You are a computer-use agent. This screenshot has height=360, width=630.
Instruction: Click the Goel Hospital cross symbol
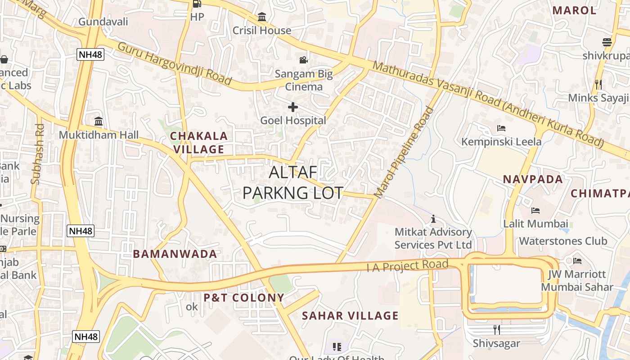click(x=293, y=107)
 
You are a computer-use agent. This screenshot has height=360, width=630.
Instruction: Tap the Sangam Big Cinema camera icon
click(x=304, y=60)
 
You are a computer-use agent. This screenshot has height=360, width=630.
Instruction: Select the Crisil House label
click(x=262, y=30)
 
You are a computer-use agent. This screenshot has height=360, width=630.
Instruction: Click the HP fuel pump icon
click(x=197, y=4)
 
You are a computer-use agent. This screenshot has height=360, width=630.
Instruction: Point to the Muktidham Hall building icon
click(x=99, y=121)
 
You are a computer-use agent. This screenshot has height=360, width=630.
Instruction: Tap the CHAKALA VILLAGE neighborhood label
click(x=199, y=143)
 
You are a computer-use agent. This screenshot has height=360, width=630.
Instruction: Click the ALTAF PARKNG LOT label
click(x=293, y=182)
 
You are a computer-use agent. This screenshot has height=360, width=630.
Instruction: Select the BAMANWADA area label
click(x=175, y=254)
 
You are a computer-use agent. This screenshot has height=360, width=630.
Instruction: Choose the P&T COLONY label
click(x=244, y=297)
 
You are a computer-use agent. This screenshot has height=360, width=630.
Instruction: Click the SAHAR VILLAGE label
click(x=350, y=315)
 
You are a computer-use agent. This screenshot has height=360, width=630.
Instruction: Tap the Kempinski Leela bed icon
click(x=501, y=128)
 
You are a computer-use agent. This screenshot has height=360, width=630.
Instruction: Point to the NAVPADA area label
click(x=533, y=179)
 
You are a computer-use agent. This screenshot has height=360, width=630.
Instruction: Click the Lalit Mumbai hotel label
click(x=535, y=224)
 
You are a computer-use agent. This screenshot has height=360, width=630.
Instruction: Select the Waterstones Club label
click(x=569, y=241)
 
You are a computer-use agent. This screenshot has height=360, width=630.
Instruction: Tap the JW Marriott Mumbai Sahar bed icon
click(x=577, y=261)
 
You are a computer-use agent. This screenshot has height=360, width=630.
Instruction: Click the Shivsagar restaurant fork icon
click(x=496, y=329)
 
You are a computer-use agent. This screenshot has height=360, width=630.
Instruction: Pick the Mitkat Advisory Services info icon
click(x=433, y=219)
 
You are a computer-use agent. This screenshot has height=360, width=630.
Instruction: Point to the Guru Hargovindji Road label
click(x=175, y=63)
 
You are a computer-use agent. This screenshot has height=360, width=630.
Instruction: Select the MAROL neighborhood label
click(x=574, y=10)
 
